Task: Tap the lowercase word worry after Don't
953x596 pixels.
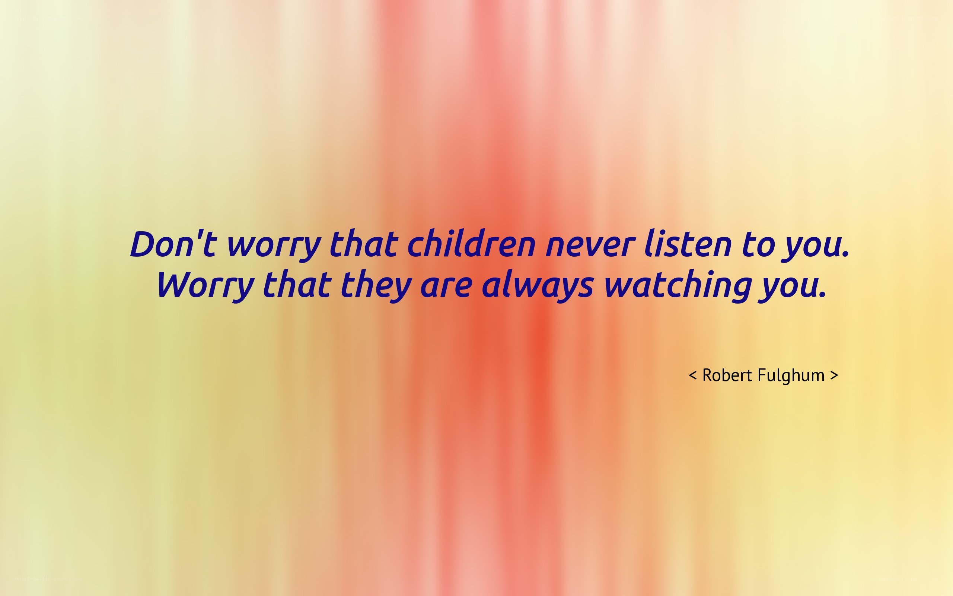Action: (273, 248)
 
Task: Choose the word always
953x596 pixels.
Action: (537, 286)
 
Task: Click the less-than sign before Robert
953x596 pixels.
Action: (693, 375)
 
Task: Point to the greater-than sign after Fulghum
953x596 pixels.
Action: (834, 375)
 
